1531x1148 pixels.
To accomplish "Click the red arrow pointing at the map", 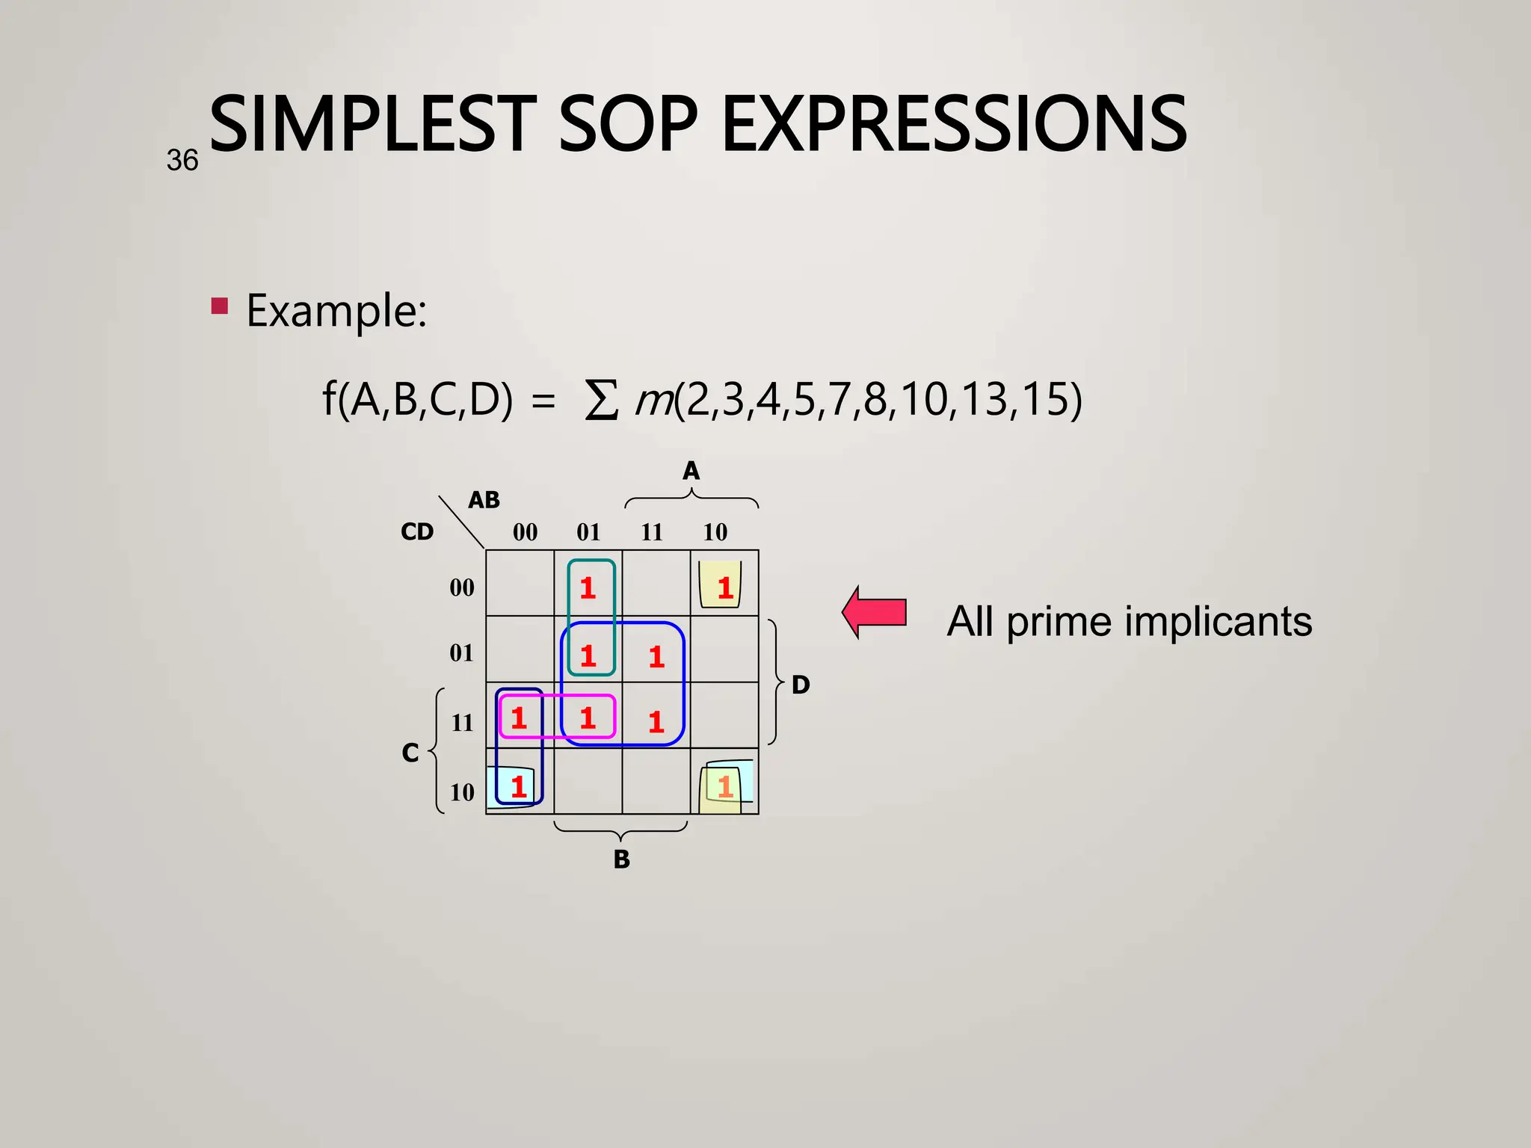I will pyautogui.click(x=875, y=612).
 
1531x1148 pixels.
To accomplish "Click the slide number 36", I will pyautogui.click(x=182, y=161).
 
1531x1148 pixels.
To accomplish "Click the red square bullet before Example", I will pyautogui.click(x=219, y=306).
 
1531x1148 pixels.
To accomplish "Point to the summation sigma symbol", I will pyautogui.click(x=601, y=401).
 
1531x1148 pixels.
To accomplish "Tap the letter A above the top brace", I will pyautogui.click(x=691, y=471).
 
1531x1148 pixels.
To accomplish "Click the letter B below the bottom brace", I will pyautogui.click(x=621, y=860).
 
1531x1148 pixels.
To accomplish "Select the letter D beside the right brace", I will pyautogui.click(x=800, y=685).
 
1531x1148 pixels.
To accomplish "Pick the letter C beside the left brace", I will pyautogui.click(x=410, y=753).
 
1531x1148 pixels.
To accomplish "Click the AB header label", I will pyautogui.click(x=484, y=500).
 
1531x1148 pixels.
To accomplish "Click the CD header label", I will pyautogui.click(x=417, y=532).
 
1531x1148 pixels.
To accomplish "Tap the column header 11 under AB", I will pyautogui.click(x=652, y=532).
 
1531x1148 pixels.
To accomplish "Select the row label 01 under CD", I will pyautogui.click(x=461, y=653).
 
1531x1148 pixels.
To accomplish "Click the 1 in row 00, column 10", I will pyautogui.click(x=724, y=588).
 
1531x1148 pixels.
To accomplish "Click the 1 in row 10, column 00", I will pyautogui.click(x=519, y=786).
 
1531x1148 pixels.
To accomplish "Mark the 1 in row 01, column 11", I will pyautogui.click(x=656, y=657).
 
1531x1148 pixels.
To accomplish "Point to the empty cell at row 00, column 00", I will pyautogui.click(x=520, y=583).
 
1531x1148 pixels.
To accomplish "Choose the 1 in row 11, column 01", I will pyautogui.click(x=588, y=718).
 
